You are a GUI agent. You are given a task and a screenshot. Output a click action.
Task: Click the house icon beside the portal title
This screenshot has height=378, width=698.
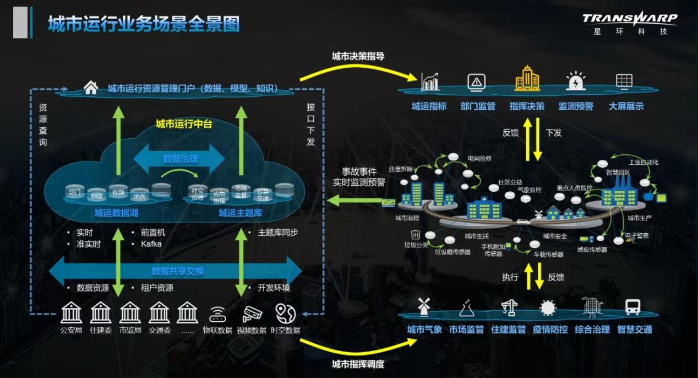(91, 88)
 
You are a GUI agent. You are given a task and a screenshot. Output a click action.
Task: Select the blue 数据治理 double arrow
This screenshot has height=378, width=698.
(179, 159)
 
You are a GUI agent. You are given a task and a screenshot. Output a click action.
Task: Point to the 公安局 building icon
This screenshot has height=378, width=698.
(71, 312)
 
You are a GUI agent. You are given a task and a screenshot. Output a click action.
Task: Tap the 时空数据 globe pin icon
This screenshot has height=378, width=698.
(285, 313)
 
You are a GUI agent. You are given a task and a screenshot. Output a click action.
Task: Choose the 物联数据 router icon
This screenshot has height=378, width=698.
(217, 314)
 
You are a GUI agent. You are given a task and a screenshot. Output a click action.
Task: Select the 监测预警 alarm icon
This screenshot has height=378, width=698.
(576, 82)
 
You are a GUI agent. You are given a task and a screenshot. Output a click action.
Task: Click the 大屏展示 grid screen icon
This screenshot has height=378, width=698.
(624, 82)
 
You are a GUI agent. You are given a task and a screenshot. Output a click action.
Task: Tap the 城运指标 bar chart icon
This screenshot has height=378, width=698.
(429, 82)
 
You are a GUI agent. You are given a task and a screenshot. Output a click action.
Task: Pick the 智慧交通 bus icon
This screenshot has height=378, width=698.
(634, 306)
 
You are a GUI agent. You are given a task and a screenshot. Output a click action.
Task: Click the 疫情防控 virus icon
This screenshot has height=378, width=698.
(548, 307)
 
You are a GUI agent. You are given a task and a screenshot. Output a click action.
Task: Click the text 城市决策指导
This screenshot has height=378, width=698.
(358, 56)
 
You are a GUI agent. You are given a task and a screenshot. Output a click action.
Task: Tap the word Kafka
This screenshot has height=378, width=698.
(151, 244)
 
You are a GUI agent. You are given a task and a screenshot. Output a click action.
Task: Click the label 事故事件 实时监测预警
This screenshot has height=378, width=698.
(359, 177)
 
